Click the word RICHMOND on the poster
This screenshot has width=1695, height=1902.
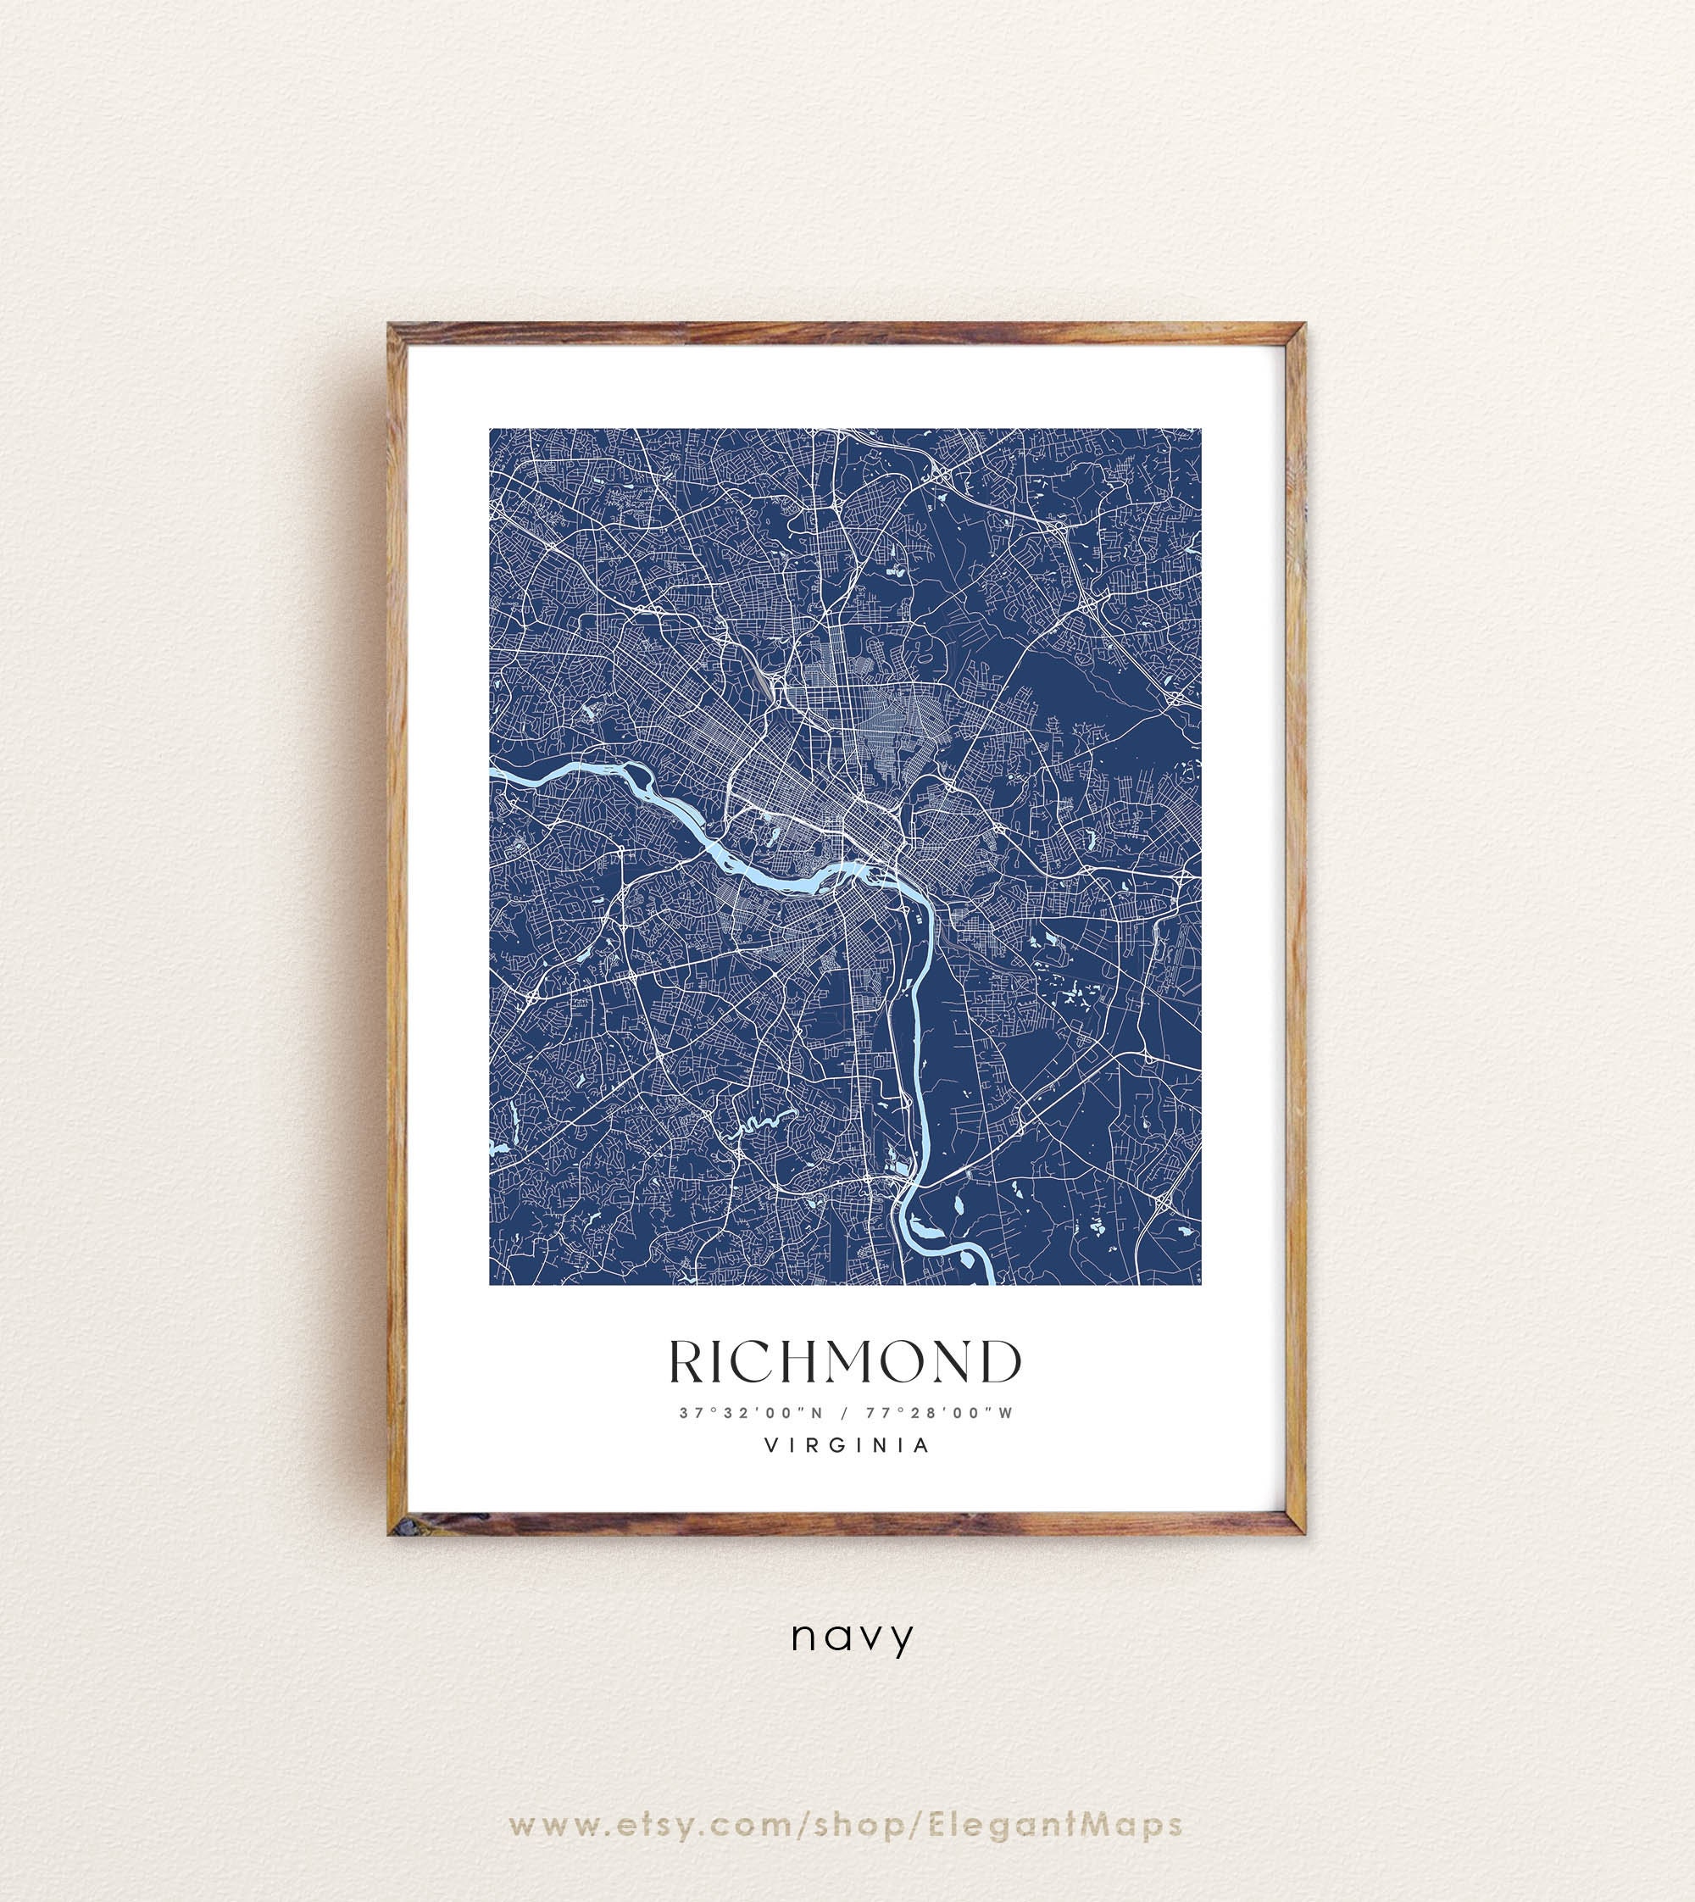pyautogui.click(x=845, y=1363)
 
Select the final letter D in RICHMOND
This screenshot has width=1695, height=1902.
pyautogui.click(x=998, y=1363)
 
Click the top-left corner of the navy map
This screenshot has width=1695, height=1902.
pyautogui.click(x=491, y=431)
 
